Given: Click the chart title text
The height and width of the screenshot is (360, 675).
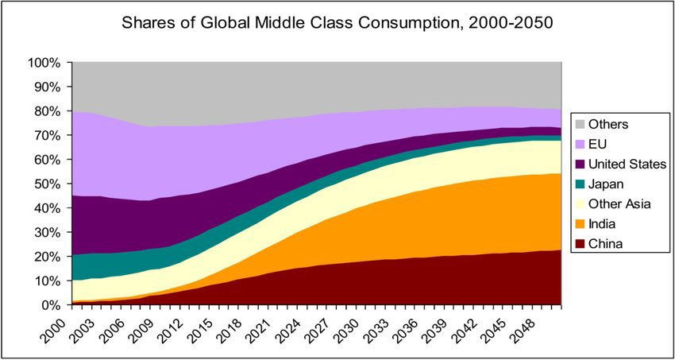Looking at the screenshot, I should point(337,22).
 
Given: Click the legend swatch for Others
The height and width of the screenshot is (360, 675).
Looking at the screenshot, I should point(581,124).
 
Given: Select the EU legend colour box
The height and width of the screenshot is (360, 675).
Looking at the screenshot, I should point(581,144).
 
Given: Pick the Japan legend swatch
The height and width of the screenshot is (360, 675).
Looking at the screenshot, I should point(581,184).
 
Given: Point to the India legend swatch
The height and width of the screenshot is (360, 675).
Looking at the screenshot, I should point(581,223).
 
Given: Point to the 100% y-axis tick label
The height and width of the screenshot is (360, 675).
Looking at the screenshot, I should point(44,63).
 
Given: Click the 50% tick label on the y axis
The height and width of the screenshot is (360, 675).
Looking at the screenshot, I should point(47,184).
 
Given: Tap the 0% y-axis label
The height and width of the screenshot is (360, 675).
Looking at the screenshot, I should point(50,305).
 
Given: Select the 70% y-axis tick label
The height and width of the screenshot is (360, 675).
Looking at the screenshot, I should point(47,135).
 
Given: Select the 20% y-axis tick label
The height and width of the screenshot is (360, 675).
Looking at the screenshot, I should point(47,257).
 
